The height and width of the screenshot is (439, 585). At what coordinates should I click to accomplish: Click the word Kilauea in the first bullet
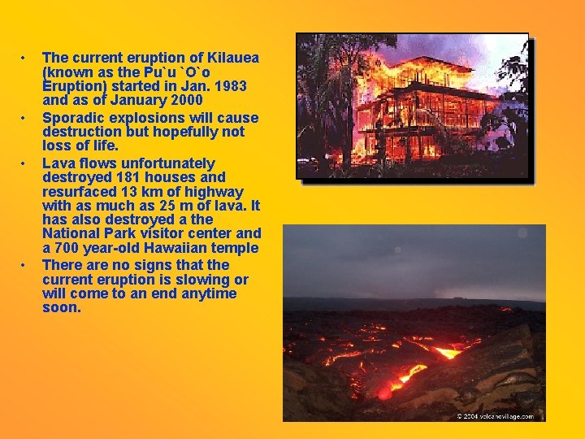230,58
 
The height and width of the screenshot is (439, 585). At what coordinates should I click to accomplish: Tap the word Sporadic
71,117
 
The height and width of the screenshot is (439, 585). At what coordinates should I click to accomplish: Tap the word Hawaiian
174,248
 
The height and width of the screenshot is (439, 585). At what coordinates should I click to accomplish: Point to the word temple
235,248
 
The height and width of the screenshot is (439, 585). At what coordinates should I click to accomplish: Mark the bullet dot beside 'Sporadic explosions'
25,118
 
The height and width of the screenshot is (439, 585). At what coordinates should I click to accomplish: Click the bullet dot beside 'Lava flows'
25,163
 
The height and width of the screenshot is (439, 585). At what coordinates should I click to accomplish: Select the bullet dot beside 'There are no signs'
25,266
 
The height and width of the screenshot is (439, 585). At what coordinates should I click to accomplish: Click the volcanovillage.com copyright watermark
495,415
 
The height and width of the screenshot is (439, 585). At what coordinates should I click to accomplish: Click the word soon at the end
61,308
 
